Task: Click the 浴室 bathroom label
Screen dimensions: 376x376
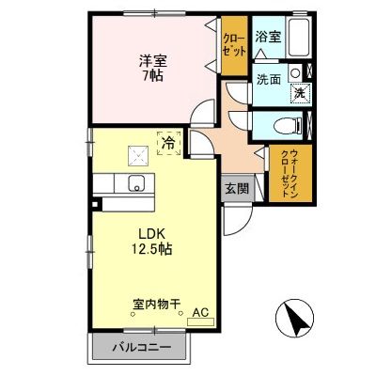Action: tap(268, 37)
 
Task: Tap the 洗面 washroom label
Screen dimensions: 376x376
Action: tap(269, 80)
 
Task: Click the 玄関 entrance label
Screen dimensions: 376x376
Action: tap(235, 187)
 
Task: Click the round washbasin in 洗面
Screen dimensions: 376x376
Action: tap(295, 72)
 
